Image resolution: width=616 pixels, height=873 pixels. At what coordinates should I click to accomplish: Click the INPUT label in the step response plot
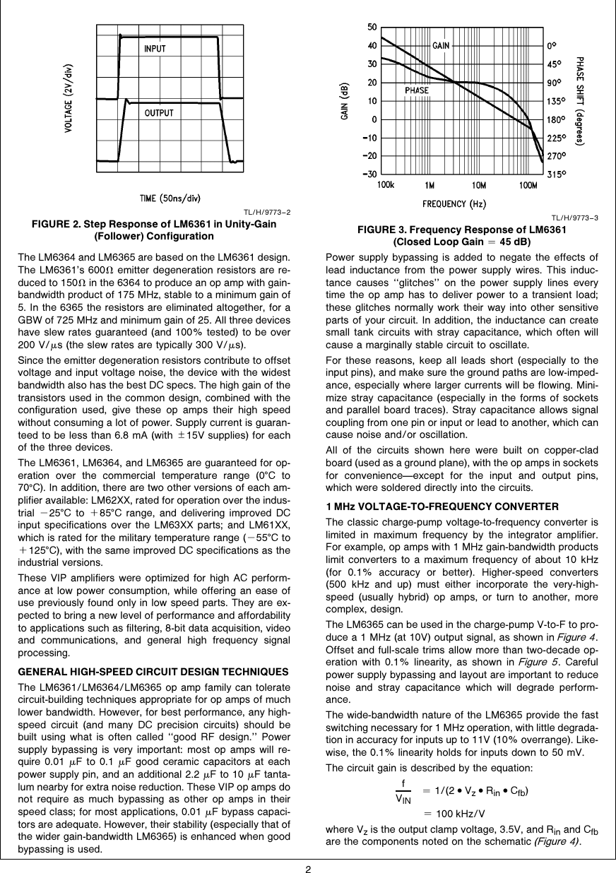pos(155,49)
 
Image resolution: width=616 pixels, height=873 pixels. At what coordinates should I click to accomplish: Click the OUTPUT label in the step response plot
pos(159,113)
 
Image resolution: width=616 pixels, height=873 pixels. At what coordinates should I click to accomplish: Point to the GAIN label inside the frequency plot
pos(442,45)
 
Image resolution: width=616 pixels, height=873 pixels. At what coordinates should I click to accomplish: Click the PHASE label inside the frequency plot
pos(416,90)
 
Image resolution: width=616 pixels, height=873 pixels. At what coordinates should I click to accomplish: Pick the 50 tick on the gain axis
pos(371,28)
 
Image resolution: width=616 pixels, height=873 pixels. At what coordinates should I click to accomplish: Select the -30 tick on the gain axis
pos(368,174)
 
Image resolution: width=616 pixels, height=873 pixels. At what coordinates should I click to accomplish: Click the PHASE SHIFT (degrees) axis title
pos(580,101)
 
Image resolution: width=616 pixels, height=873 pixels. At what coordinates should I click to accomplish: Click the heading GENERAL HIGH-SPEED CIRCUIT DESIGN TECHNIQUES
pos(153,670)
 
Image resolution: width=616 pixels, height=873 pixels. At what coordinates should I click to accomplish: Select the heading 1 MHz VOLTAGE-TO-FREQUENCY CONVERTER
pos(442,506)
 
